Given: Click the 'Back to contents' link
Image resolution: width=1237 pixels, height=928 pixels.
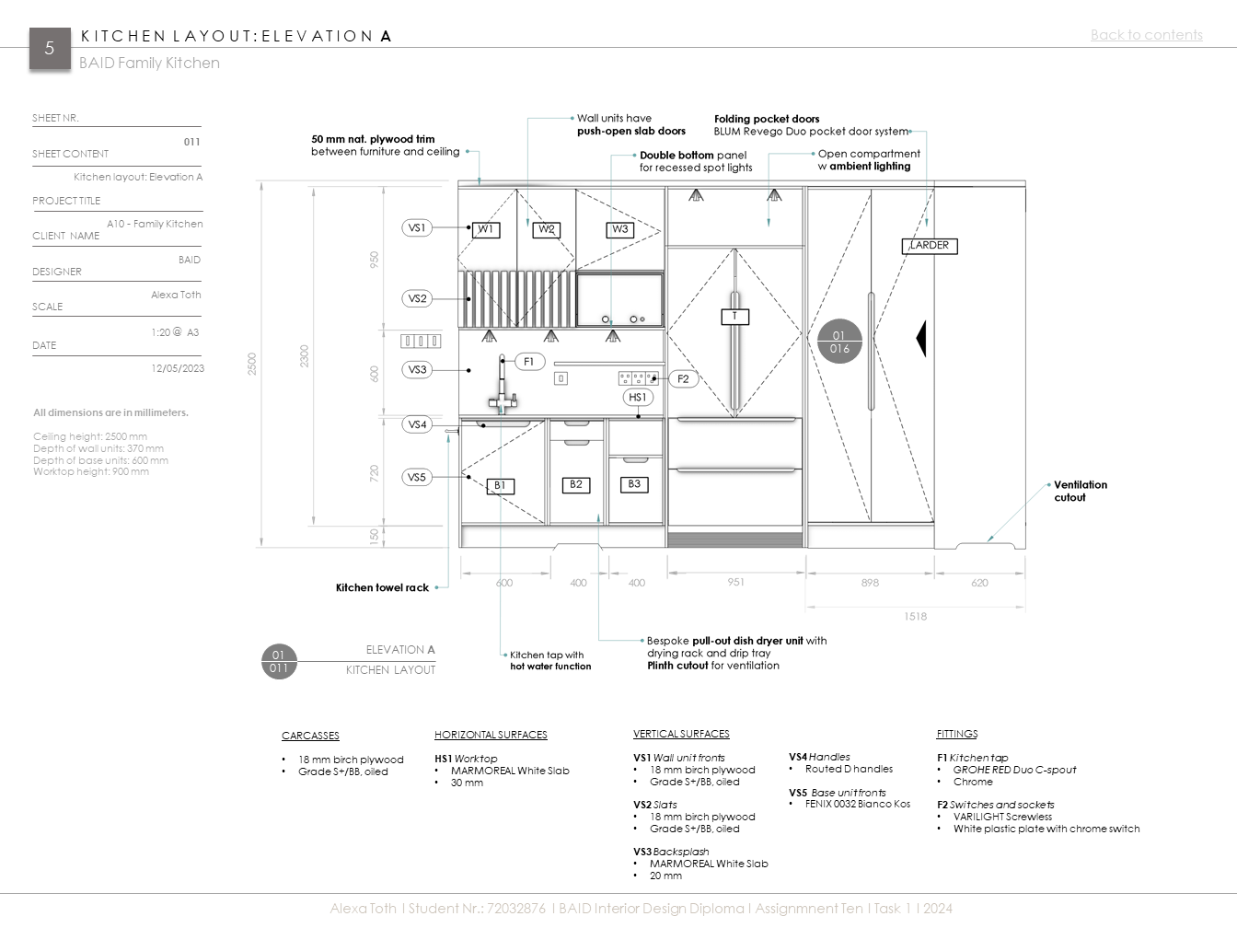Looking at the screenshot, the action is (x=1146, y=35).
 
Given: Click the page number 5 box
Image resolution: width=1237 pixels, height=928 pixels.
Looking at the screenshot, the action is (x=50, y=49).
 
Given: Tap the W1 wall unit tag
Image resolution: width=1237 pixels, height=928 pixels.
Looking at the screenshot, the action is (x=486, y=230).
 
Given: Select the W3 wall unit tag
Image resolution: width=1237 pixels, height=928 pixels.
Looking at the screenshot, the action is (x=620, y=230).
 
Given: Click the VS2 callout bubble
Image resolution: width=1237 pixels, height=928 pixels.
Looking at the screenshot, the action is (x=417, y=298).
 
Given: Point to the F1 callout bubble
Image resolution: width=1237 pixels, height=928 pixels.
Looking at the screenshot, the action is (x=529, y=362).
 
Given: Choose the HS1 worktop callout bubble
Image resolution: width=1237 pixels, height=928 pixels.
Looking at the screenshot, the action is (x=637, y=398).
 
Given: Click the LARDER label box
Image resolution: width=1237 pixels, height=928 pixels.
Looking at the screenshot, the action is (x=930, y=246).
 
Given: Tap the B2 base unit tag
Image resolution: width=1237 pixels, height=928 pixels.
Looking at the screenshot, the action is (x=576, y=484).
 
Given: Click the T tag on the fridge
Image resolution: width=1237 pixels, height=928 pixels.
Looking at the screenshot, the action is (x=734, y=317).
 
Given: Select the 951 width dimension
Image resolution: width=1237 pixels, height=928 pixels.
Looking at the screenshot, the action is (x=736, y=582).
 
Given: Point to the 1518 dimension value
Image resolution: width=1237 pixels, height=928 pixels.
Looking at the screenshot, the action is (x=915, y=616).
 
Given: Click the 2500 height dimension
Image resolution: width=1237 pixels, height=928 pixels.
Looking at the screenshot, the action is (x=252, y=364).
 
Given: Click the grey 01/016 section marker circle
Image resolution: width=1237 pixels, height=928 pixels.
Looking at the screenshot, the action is (x=838, y=342).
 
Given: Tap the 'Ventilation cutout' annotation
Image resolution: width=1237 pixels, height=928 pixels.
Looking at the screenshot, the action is (x=1081, y=491).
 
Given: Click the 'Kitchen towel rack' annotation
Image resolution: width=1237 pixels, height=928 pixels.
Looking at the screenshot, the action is (x=382, y=587).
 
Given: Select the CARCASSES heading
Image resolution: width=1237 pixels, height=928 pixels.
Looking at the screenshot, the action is (x=310, y=736).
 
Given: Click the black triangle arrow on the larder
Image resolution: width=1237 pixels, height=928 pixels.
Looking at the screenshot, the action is (x=920, y=339).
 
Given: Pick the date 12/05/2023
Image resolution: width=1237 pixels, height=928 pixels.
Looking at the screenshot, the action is (x=178, y=368).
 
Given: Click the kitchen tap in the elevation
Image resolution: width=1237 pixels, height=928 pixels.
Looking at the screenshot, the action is (x=503, y=387).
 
